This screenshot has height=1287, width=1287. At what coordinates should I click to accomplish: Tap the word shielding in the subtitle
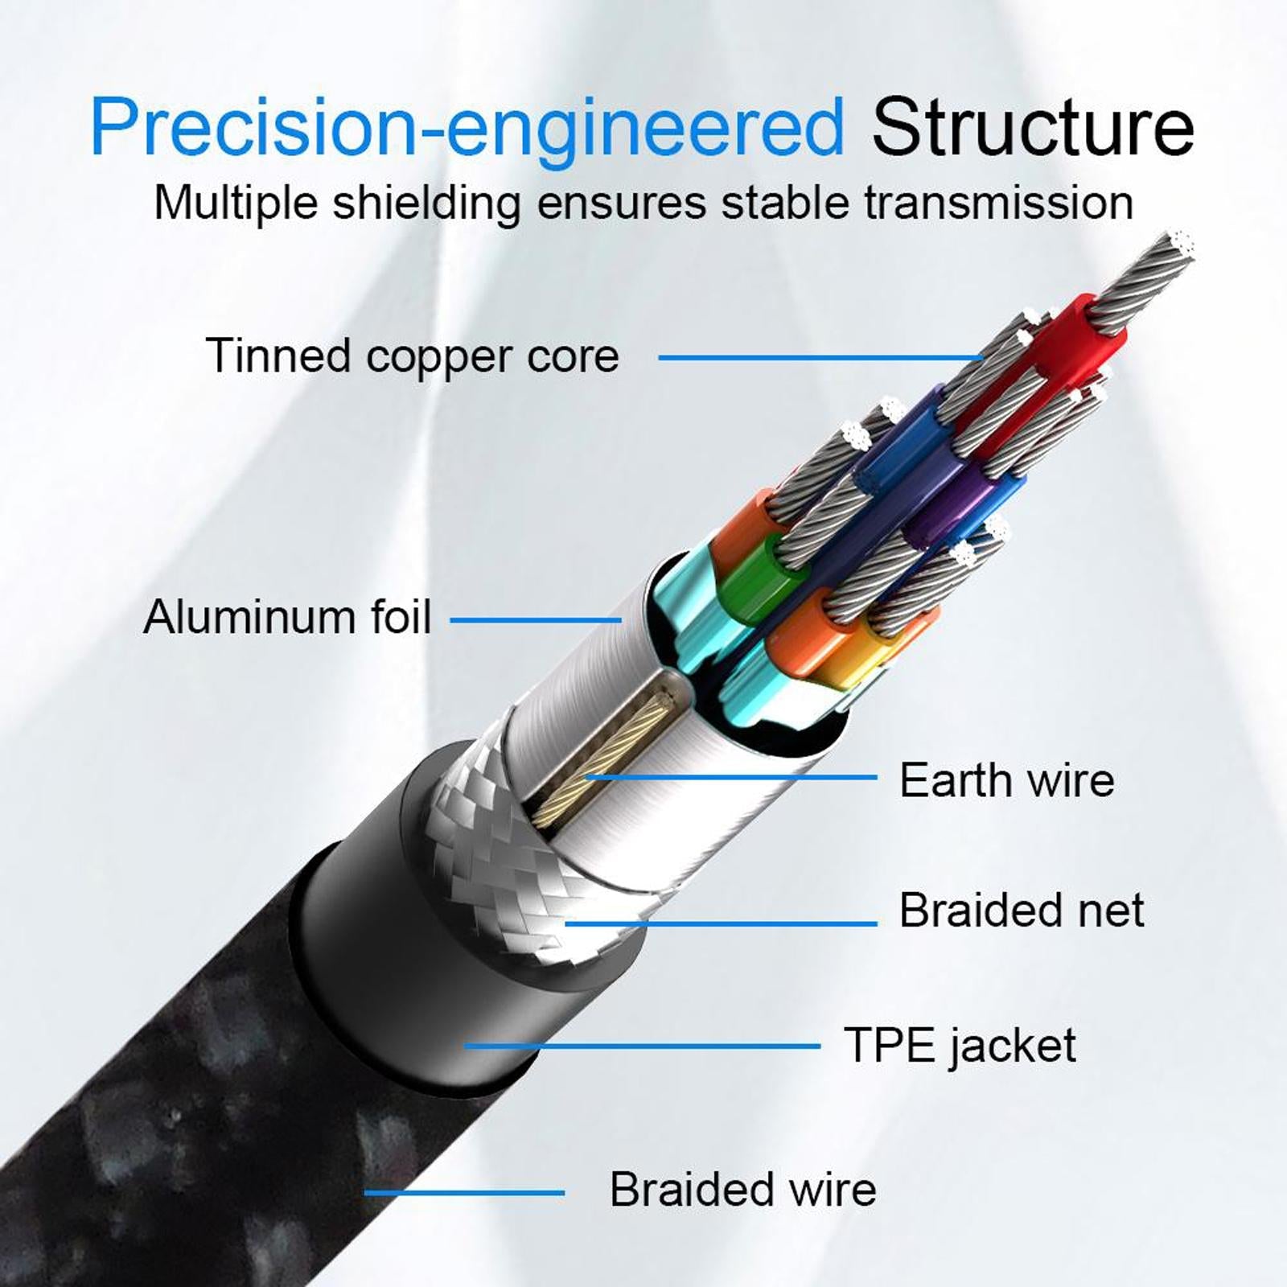(426, 202)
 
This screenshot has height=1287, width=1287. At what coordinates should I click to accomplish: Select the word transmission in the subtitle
(998, 202)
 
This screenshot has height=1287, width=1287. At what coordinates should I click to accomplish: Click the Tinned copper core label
(412, 355)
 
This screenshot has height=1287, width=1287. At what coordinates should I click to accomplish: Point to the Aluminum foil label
(287, 617)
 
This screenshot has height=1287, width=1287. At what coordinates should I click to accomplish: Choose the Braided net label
(1021, 910)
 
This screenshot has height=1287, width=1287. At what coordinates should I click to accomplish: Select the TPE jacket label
(960, 1045)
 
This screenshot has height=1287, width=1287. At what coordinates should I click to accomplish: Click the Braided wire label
(742, 1189)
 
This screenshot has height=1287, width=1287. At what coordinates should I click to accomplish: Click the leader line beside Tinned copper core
(820, 357)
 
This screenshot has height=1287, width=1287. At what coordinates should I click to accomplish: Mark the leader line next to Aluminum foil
(535, 620)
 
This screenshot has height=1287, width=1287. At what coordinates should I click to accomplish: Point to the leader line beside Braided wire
(464, 1192)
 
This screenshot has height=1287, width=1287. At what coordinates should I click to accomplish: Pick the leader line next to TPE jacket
(643, 1046)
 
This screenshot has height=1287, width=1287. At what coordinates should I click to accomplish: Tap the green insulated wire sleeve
(752, 575)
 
